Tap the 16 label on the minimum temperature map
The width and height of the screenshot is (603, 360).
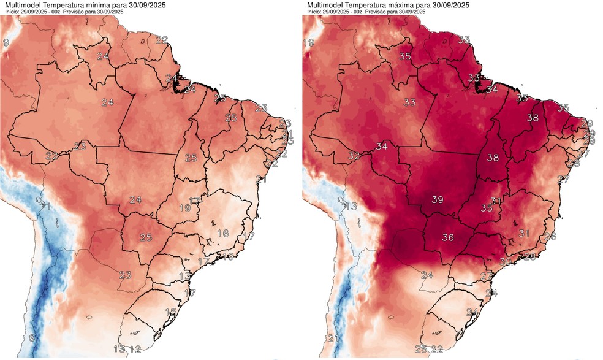pos(222,233)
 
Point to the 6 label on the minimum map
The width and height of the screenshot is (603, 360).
pos(31,338)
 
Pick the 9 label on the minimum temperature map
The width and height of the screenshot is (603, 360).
pos(6,42)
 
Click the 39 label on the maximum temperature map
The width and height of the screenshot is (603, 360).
pos(438,200)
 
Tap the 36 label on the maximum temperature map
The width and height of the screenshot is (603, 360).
pos(448,238)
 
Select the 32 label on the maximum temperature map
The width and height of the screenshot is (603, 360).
pos(354,156)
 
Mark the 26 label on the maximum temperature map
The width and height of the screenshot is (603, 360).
pos(550,236)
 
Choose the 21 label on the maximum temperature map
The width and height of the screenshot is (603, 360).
pos(333,338)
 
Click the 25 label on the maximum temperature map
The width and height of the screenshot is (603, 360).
pos(421,349)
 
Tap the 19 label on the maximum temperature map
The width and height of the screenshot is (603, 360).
pos(309,42)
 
